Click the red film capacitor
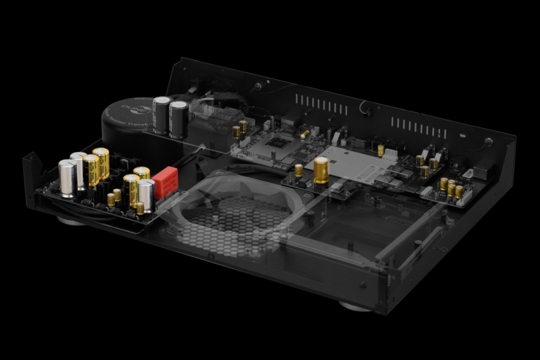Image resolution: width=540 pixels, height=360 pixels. click(165, 182)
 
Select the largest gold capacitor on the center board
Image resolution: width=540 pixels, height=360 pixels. click(321, 170)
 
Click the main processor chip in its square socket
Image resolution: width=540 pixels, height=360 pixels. click(276, 142)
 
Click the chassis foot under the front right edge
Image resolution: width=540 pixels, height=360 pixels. click(355, 306)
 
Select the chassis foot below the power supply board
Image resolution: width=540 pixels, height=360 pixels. click(70, 220)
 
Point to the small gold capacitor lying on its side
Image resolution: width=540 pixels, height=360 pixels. click(304, 134)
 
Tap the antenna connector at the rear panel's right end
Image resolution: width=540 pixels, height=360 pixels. click(487, 141)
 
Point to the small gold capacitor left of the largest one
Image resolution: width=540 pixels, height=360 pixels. click(299, 170)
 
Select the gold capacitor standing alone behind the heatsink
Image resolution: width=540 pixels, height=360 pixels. click(380, 150)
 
